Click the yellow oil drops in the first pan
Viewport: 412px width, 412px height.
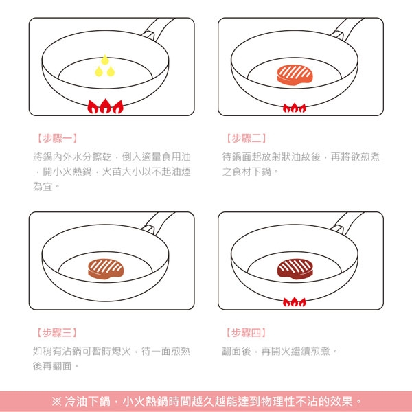(104, 67)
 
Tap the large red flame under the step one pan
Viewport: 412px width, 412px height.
(104, 107)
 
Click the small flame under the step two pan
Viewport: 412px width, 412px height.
(295, 108)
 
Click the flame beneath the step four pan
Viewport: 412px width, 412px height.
(295, 301)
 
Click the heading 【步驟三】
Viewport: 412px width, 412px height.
(56, 333)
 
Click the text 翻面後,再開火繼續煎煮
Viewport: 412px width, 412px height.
(280, 351)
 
